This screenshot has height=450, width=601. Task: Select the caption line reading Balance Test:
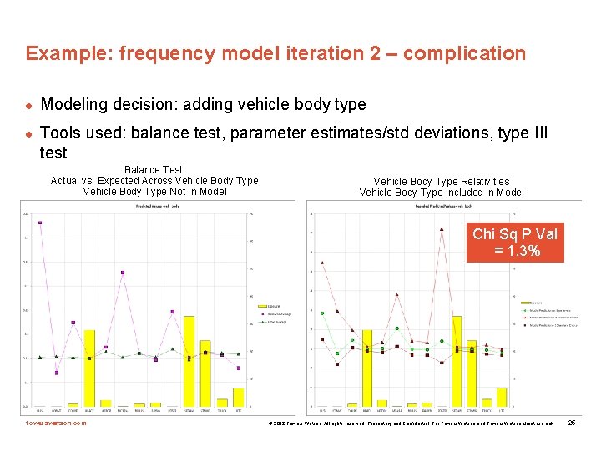click(154, 170)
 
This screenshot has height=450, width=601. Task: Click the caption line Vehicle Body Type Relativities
click(442, 181)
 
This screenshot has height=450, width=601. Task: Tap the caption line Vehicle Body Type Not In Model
click(154, 192)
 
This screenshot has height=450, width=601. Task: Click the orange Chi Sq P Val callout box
click(515, 242)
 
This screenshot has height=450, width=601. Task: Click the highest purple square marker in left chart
click(40, 222)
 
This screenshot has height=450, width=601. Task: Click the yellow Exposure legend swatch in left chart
click(260, 306)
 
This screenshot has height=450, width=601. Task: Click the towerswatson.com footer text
click(56, 423)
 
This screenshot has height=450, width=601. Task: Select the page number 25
click(572, 423)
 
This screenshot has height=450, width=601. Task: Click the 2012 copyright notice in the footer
click(409, 423)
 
